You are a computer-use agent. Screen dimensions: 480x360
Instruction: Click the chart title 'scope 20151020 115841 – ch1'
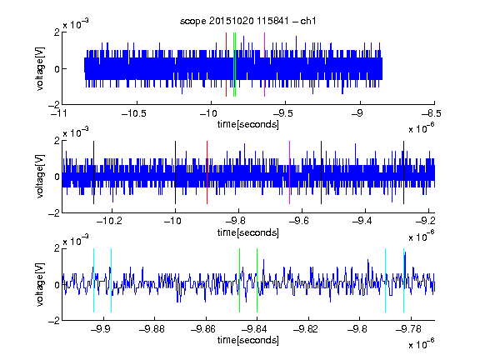click(248, 21)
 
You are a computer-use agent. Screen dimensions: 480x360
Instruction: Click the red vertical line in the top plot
click(226, 65)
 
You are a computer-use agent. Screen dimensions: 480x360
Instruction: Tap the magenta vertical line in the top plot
click(264, 65)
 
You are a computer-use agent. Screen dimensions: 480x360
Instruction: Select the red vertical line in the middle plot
click(207, 172)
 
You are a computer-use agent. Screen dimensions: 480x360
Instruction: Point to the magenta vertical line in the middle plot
click(290, 172)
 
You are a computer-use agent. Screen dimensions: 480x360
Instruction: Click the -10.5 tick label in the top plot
click(134, 113)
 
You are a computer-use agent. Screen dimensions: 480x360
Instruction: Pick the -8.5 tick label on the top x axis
click(432, 113)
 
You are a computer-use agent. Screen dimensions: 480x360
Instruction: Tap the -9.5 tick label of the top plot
click(282, 113)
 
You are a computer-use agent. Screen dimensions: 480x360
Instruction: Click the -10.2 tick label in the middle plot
click(109, 220)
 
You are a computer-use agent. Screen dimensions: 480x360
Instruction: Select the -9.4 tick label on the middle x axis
click(362, 220)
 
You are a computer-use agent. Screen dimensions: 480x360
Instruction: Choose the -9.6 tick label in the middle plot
click(299, 220)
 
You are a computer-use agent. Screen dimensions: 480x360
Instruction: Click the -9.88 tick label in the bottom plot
click(152, 329)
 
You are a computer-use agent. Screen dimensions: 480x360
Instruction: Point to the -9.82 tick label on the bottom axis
click(306, 329)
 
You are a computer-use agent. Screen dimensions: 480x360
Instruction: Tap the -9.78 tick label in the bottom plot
click(408, 329)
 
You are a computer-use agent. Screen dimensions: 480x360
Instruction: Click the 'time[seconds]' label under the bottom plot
click(248, 340)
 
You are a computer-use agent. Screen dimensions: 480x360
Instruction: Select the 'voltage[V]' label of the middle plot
click(40, 177)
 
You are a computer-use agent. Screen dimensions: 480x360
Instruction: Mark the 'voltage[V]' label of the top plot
click(40, 68)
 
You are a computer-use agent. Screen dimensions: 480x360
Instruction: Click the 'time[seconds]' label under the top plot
click(248, 124)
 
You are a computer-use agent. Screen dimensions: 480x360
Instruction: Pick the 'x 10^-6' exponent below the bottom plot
click(421, 343)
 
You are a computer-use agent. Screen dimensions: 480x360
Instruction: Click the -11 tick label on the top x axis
click(60, 113)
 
